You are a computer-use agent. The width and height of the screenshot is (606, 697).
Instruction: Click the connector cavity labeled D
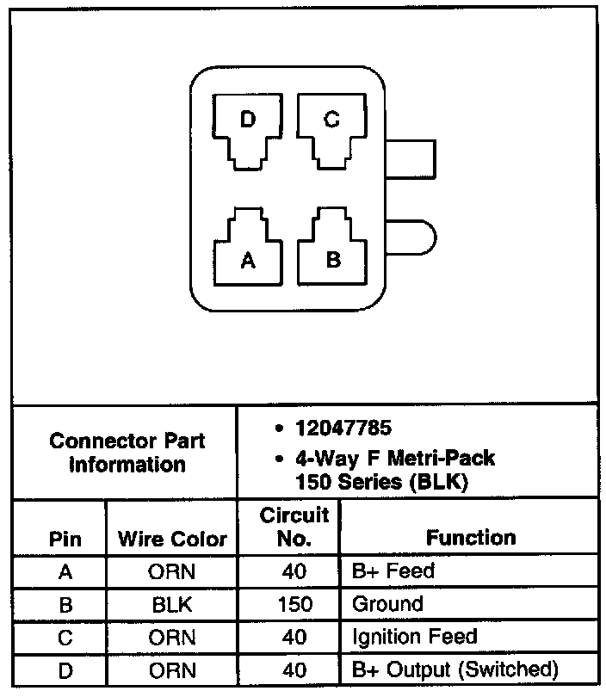pyautogui.click(x=248, y=129)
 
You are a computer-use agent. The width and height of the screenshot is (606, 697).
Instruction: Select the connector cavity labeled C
pyautogui.click(x=331, y=129)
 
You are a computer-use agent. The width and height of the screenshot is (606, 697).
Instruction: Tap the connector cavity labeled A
pyautogui.click(x=248, y=250)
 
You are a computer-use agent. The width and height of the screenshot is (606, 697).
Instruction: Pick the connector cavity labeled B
pyautogui.click(x=333, y=250)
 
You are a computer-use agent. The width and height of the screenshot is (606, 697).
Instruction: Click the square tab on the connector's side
pyautogui.click(x=413, y=159)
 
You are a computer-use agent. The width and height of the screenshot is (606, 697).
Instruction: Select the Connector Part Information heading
pyautogui.click(x=127, y=453)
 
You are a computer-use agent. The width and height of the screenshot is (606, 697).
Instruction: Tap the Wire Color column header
pyautogui.click(x=172, y=540)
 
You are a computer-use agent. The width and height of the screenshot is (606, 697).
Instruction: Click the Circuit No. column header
pyautogui.click(x=294, y=527)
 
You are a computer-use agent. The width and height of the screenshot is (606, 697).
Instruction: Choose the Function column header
pyautogui.click(x=471, y=538)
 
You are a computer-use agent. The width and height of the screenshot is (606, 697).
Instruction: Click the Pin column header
pyautogui.click(x=65, y=540)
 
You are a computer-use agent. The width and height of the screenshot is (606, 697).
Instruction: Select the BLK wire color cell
pyautogui.click(x=172, y=604)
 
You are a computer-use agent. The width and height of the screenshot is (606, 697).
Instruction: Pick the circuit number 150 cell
pyautogui.click(x=294, y=604)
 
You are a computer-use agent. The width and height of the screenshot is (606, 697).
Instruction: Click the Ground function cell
pyautogui.click(x=387, y=604)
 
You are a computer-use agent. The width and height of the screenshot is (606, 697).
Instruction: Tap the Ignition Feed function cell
pyautogui.click(x=414, y=638)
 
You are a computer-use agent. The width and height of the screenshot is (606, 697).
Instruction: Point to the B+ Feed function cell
pyautogui.click(x=393, y=571)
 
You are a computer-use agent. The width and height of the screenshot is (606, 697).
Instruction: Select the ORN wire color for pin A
pyautogui.click(x=172, y=571)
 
